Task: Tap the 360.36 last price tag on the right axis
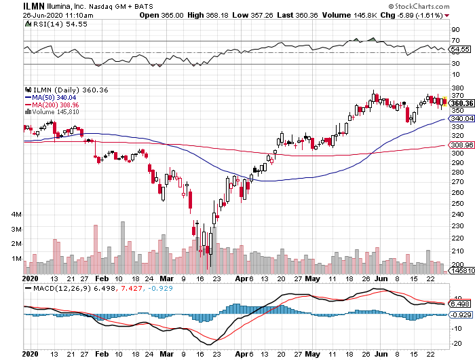coord(460,103)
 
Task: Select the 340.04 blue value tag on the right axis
coord(460,118)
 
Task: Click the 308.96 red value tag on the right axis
coord(460,145)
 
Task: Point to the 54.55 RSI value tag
coord(460,49)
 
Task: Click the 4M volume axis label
coord(17,214)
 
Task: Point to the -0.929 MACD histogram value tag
coord(460,316)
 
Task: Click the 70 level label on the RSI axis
coord(455,40)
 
